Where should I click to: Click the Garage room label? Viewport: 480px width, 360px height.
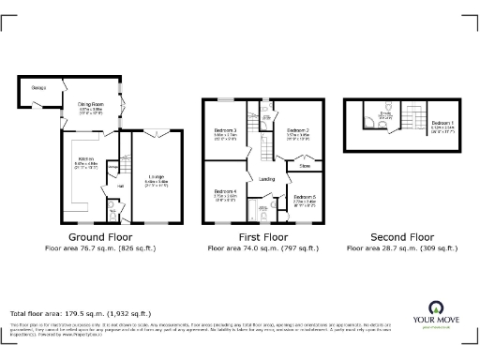click(39, 87)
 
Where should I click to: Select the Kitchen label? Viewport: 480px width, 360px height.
click(84, 158)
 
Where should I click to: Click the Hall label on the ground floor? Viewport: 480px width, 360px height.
click(119, 186)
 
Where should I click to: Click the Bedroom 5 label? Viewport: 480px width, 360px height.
click(305, 196)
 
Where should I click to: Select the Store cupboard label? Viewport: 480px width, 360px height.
click(304, 166)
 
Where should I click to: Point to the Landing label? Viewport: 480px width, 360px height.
click(267, 178)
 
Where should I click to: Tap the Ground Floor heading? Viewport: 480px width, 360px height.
click(100, 237)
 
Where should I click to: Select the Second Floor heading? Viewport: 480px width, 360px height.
click(403, 237)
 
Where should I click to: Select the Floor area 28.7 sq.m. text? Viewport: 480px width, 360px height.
click(403, 248)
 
